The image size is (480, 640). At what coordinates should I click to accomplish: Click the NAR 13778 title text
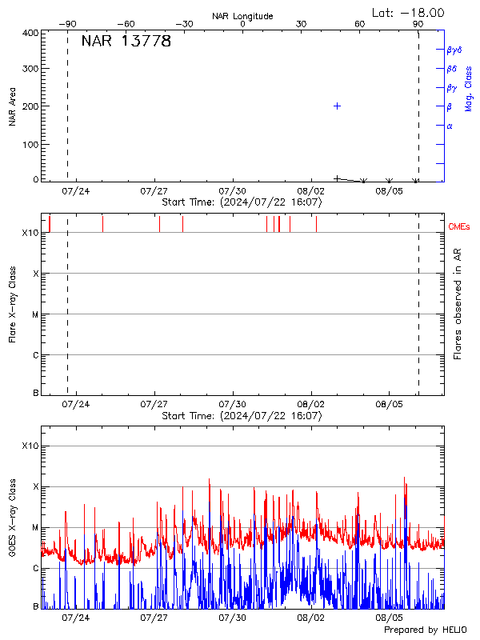[126, 42]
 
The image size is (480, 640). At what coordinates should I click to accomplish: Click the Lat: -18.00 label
[409, 13]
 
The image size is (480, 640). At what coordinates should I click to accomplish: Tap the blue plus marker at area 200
[338, 106]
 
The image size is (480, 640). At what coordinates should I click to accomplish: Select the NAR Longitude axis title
[242, 16]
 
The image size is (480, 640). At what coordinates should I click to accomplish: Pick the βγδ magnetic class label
[454, 50]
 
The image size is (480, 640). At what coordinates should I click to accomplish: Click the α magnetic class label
[450, 126]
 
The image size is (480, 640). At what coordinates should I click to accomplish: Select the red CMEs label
[459, 227]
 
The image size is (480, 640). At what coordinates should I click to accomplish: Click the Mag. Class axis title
[469, 88]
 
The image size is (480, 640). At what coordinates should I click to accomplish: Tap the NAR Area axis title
[13, 106]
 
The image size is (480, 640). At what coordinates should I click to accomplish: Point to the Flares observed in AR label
[458, 303]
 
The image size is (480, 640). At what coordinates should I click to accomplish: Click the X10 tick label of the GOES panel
[30, 446]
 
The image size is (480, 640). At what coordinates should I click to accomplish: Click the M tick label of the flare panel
[35, 314]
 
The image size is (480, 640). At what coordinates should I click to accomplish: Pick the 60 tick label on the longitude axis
[360, 25]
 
